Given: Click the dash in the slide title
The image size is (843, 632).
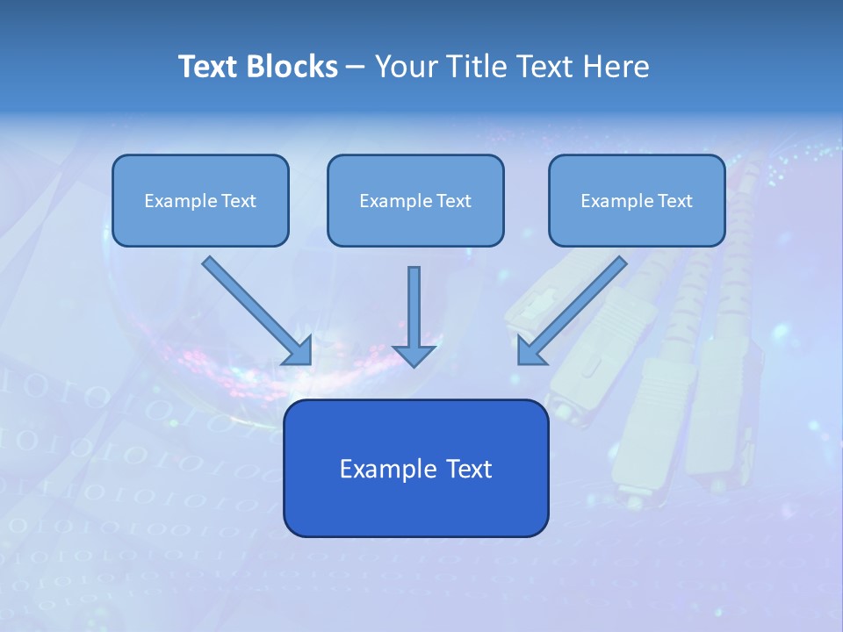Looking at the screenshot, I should pos(357,67).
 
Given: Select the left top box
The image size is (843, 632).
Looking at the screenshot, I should pos(200,201).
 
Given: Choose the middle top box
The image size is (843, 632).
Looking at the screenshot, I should pos(415,201).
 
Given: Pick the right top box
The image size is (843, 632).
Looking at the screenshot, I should pos(637,201).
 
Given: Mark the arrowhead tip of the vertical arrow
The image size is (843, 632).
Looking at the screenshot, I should pos(414,365).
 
